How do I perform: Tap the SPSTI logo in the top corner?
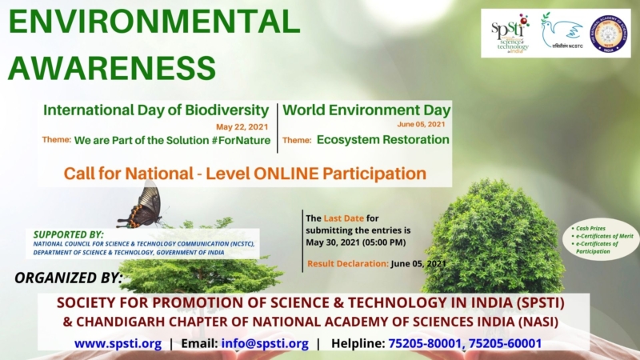pos(510,33)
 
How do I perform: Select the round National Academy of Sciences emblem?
pos(609,33)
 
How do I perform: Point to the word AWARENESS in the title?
pos(112,67)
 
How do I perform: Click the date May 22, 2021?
pos(242,126)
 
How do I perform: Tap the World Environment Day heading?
pos(366,110)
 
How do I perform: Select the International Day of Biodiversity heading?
pos(156,110)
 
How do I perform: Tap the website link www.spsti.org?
pos(118,343)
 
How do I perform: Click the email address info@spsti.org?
pos(266,343)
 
